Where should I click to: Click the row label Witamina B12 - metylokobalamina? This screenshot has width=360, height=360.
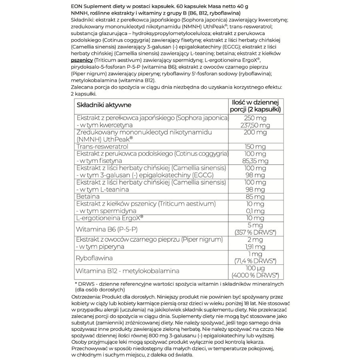tap(128, 272)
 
